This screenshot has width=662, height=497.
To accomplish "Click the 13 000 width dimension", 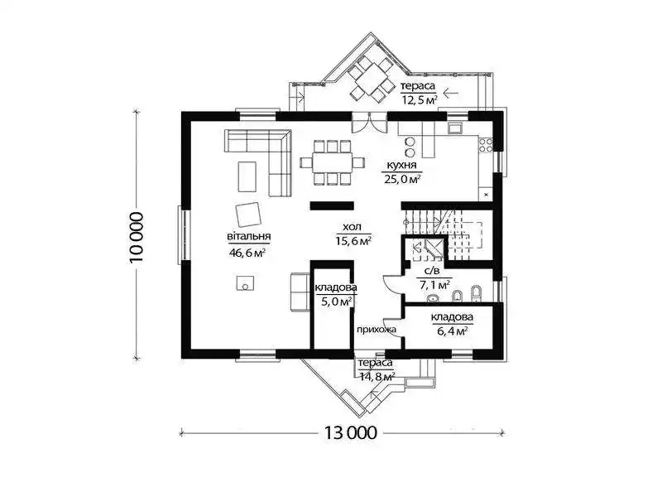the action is click(x=350, y=432).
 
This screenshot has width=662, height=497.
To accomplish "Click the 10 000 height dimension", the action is click(x=137, y=237).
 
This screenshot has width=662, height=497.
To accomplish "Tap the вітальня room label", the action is click(x=249, y=237).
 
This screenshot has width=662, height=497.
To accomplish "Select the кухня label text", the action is click(x=401, y=165).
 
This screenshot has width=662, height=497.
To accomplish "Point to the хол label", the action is click(x=353, y=227).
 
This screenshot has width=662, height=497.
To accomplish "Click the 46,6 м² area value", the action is click(x=247, y=253).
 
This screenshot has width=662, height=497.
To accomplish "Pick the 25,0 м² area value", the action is click(x=402, y=179).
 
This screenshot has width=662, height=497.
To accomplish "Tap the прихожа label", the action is click(x=377, y=329).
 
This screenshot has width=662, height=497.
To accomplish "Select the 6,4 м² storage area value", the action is click(x=452, y=331).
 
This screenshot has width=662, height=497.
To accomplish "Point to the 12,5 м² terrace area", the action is click(x=420, y=99).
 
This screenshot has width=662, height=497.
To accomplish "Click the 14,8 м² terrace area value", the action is click(x=377, y=376).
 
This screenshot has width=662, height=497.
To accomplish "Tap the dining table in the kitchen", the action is click(x=333, y=162).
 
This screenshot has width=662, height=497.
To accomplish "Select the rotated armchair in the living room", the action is click(x=249, y=214).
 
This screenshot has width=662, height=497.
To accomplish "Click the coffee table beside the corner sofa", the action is click(x=247, y=176).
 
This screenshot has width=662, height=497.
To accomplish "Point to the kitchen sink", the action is click(x=456, y=128).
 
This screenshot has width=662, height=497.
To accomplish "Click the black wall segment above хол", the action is click(x=332, y=205).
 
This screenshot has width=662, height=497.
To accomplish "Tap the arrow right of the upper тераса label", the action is click(x=451, y=92).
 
